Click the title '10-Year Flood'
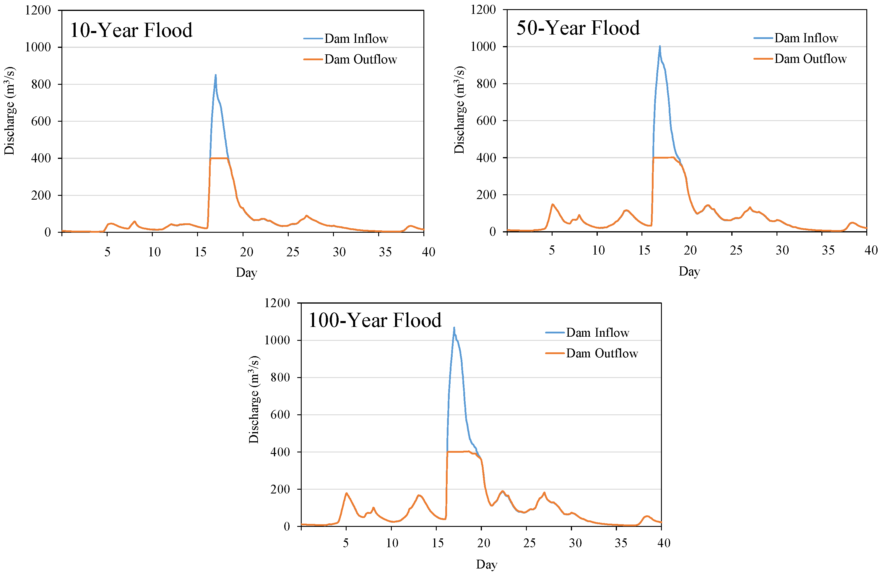[x=131, y=30]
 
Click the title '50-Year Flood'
[x=578, y=28]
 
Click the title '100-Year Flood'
[x=375, y=320]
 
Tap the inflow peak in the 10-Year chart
[x=216, y=75]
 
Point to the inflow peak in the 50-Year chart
[x=660, y=46]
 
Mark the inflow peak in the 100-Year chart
[x=454, y=328]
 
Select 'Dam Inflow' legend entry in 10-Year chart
[x=356, y=38]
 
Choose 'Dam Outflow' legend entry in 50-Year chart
[x=810, y=59]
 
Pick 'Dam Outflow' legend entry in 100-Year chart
[x=602, y=354]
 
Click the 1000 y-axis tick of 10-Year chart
[x=38, y=47]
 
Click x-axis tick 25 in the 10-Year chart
[x=293, y=252]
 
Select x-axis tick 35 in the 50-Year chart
[x=828, y=251]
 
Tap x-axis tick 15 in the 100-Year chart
[x=438, y=543]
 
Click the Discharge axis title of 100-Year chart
[x=254, y=399]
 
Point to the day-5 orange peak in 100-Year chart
[x=347, y=493]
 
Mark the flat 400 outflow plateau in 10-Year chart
[x=219, y=158]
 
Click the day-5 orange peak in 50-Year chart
[x=552, y=204]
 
